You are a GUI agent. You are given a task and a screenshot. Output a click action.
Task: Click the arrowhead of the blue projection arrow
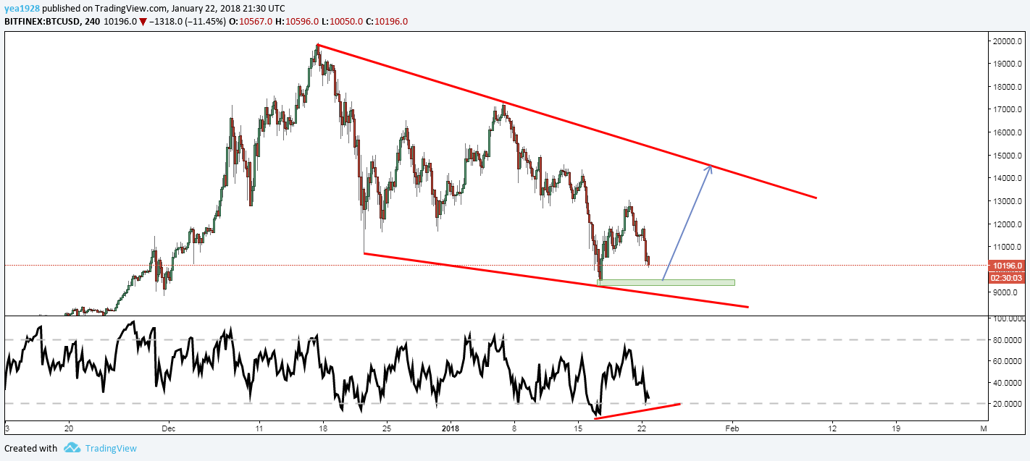711,168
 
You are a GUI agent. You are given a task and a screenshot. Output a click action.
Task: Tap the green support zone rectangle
666,282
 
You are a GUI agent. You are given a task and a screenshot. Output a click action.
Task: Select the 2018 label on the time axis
451,428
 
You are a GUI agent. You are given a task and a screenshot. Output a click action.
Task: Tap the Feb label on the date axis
732,428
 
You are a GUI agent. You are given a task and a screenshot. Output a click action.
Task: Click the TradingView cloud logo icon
71,448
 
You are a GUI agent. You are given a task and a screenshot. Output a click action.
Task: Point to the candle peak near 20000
317,46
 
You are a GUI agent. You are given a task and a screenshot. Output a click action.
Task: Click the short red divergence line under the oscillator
637,411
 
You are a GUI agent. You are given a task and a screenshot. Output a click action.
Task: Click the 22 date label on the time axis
642,428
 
